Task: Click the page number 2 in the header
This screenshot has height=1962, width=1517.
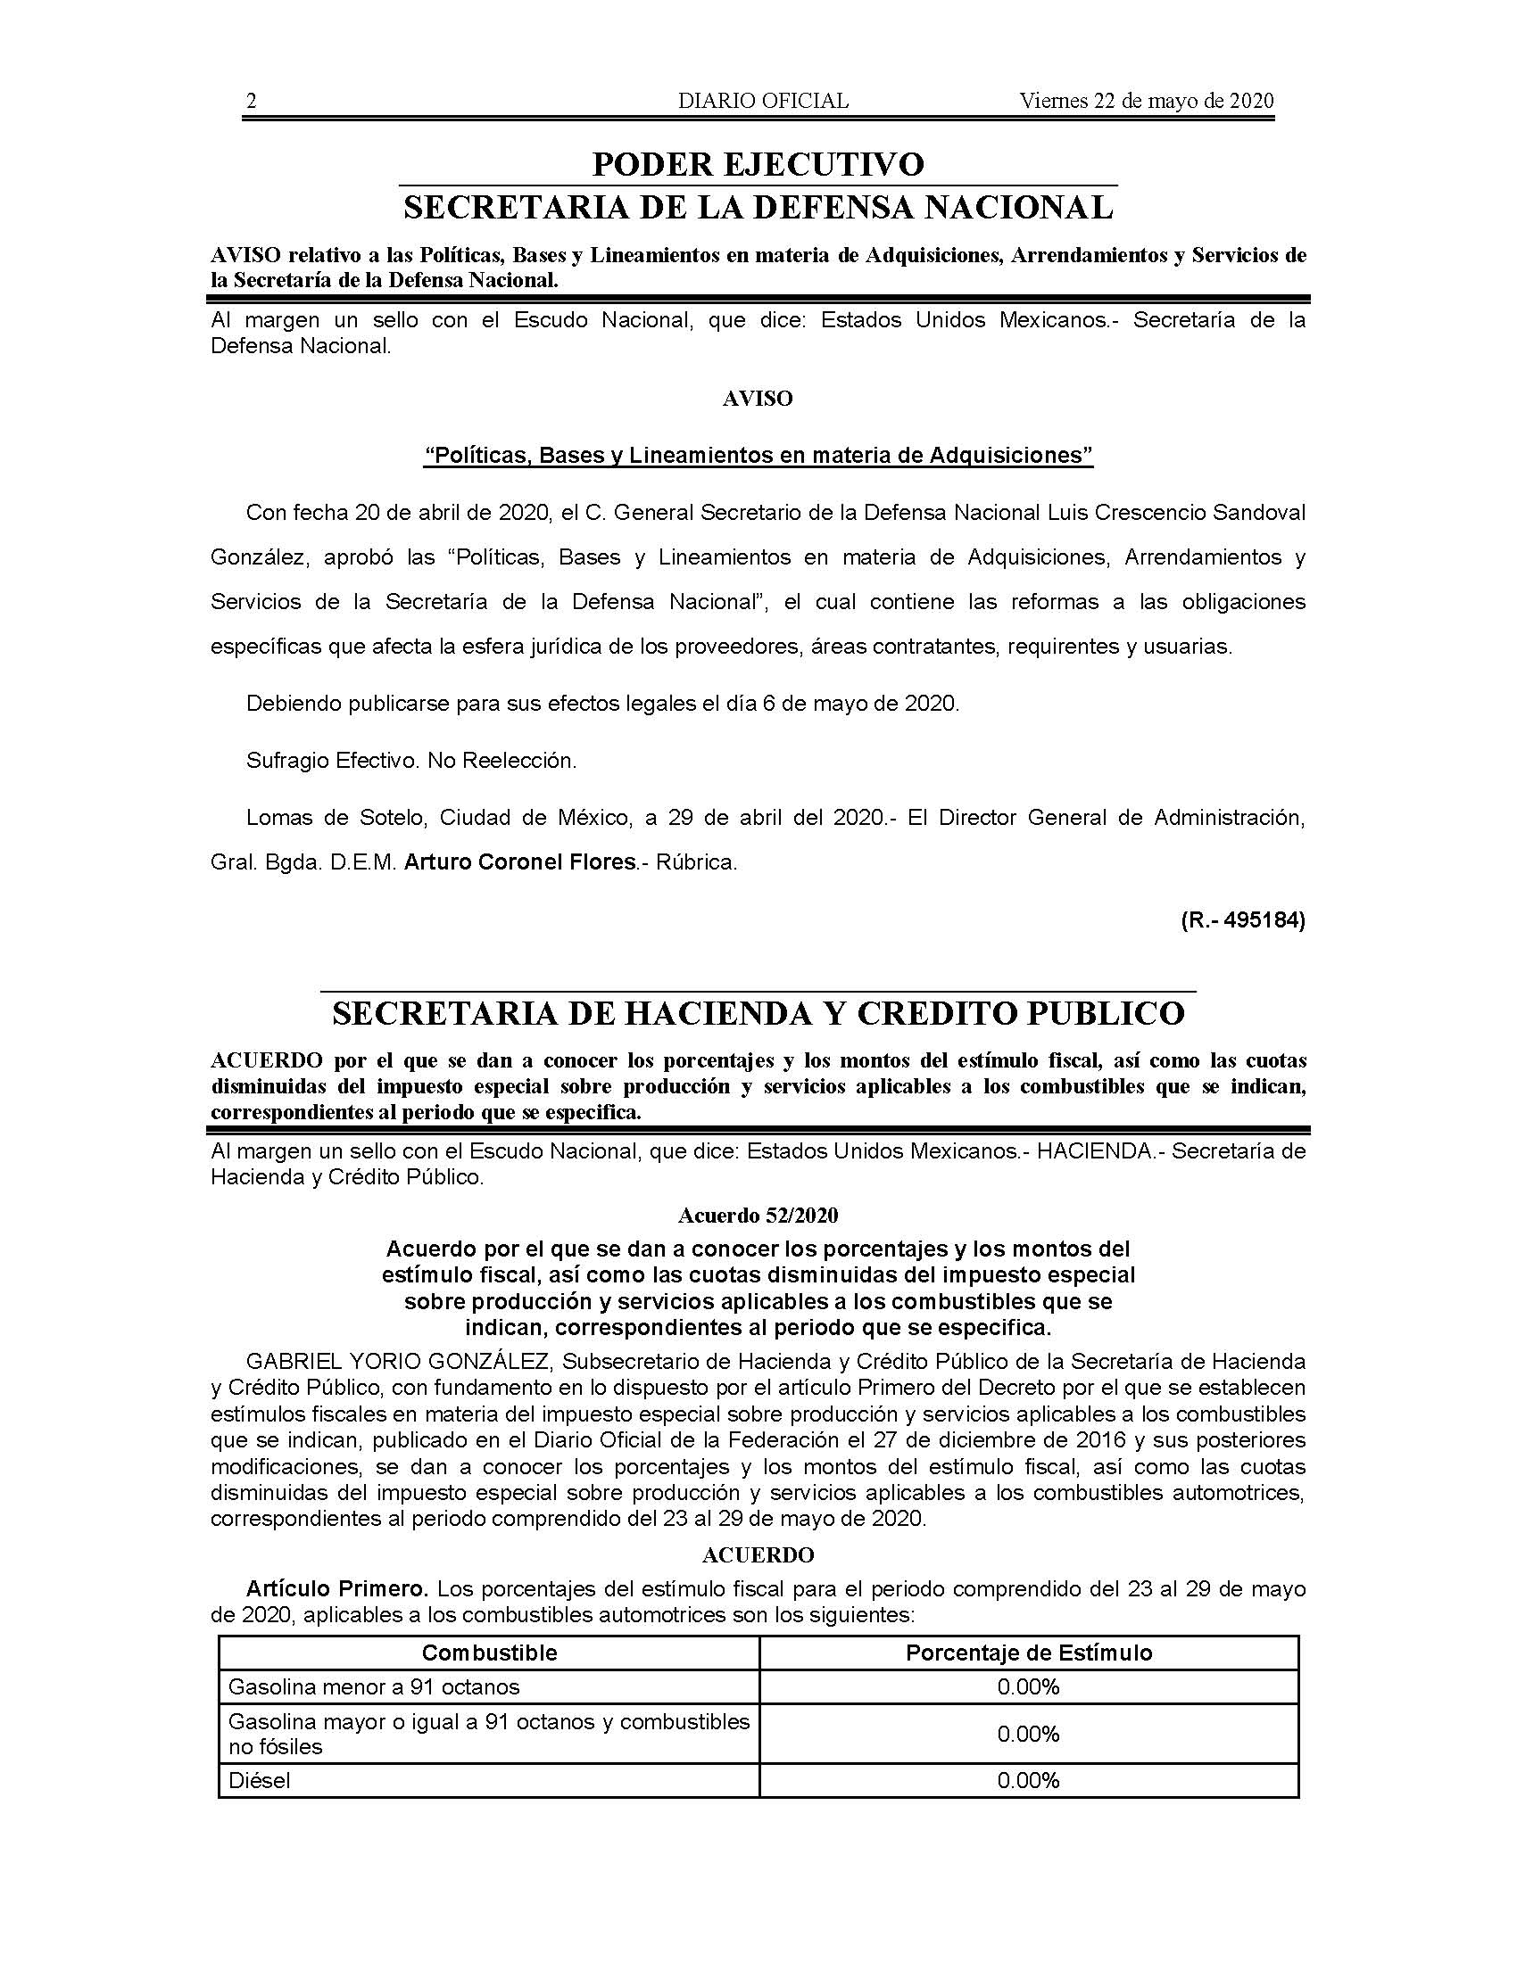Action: click(x=252, y=102)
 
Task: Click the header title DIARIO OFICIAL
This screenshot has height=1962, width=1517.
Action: click(x=763, y=102)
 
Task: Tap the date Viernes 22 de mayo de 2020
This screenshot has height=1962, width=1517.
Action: click(x=1146, y=102)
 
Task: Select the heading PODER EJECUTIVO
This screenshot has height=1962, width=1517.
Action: click(x=758, y=164)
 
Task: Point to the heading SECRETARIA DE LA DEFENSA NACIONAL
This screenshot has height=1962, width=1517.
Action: click(x=758, y=208)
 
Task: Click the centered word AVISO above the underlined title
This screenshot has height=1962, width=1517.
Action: click(x=758, y=399)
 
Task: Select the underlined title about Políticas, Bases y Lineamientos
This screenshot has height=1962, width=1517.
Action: click(x=758, y=456)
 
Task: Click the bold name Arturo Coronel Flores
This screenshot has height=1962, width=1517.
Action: click(x=520, y=862)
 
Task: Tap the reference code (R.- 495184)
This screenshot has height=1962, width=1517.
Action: click(x=1243, y=920)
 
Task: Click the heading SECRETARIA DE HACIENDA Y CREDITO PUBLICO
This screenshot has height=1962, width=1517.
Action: click(x=758, y=1013)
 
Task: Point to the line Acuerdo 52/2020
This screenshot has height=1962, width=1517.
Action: click(x=758, y=1216)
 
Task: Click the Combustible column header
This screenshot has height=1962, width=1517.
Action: click(x=489, y=1653)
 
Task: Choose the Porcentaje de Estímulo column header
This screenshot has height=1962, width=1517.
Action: click(x=1028, y=1653)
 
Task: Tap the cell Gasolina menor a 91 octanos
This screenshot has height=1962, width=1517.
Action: click(x=374, y=1687)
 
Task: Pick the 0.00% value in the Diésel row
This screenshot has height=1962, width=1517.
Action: click(x=1028, y=1781)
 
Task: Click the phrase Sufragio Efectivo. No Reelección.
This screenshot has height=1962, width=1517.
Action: click(x=410, y=761)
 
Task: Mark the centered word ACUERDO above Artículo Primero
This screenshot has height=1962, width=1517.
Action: click(x=758, y=1555)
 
